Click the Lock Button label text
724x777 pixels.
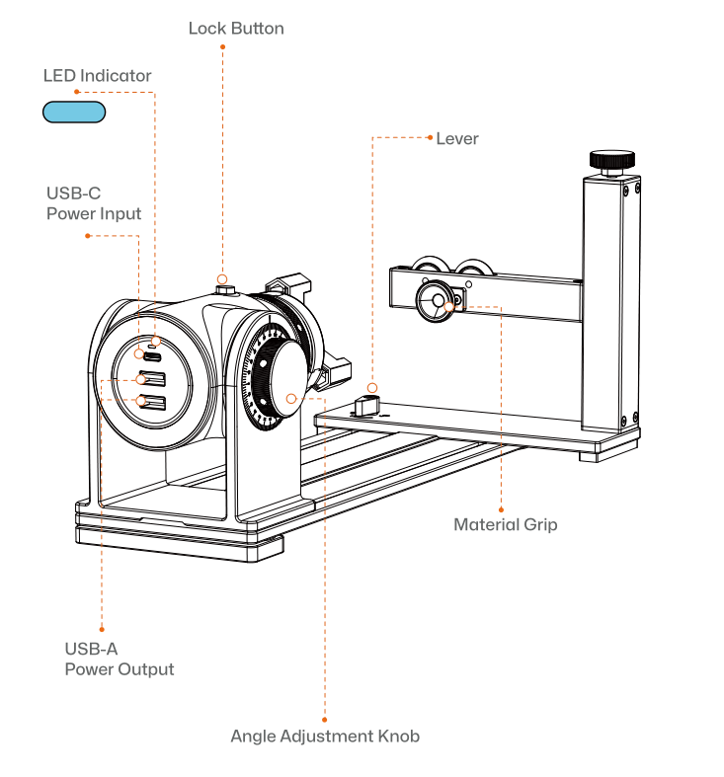[x=236, y=29]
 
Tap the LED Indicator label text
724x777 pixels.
[x=97, y=76]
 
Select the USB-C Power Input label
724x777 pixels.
[x=94, y=203]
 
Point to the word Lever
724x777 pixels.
[x=457, y=139]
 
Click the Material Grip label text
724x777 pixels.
[x=505, y=524]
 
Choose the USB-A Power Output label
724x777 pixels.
[x=119, y=659]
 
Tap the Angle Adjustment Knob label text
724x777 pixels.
[x=325, y=737]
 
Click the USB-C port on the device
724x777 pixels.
[x=153, y=355]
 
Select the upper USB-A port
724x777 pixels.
[x=152, y=378]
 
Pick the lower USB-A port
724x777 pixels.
[x=152, y=401]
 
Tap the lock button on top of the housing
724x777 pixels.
[x=224, y=288]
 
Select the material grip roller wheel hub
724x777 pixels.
[x=434, y=302]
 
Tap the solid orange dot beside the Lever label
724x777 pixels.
[x=430, y=137]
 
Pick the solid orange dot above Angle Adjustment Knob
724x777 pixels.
[x=325, y=719]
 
